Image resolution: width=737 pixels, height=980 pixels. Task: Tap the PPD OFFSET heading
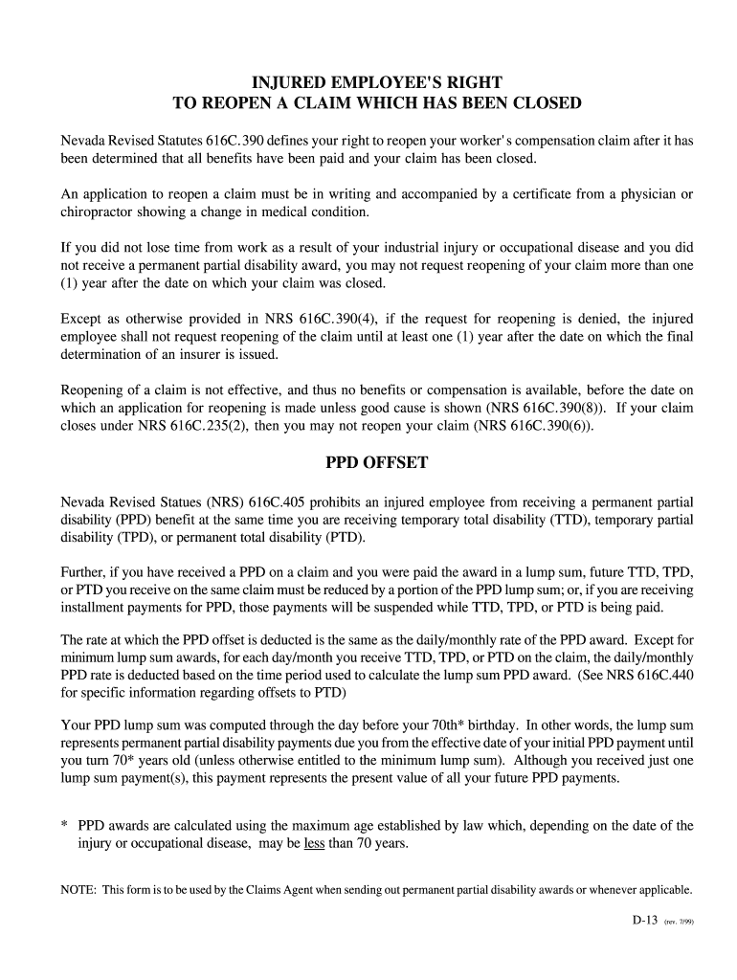point(377,462)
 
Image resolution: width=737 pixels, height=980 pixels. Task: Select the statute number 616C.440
point(655,675)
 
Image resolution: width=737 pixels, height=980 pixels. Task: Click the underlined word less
point(314,843)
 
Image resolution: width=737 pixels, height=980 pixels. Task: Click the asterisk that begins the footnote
point(64,825)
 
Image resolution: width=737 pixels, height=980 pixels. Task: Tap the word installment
point(96,608)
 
